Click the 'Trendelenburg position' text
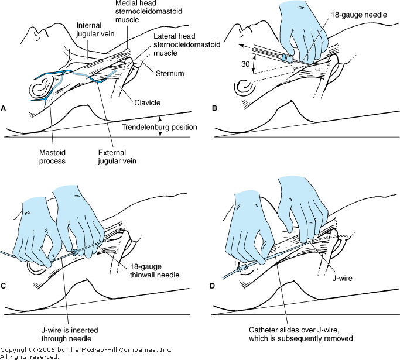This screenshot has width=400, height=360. [159, 127]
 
